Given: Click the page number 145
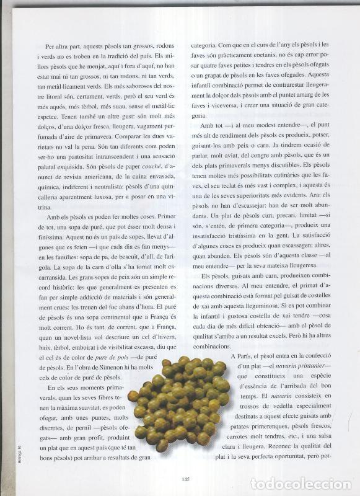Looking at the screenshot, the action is point(186,477).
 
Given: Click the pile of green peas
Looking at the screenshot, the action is point(177,401).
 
